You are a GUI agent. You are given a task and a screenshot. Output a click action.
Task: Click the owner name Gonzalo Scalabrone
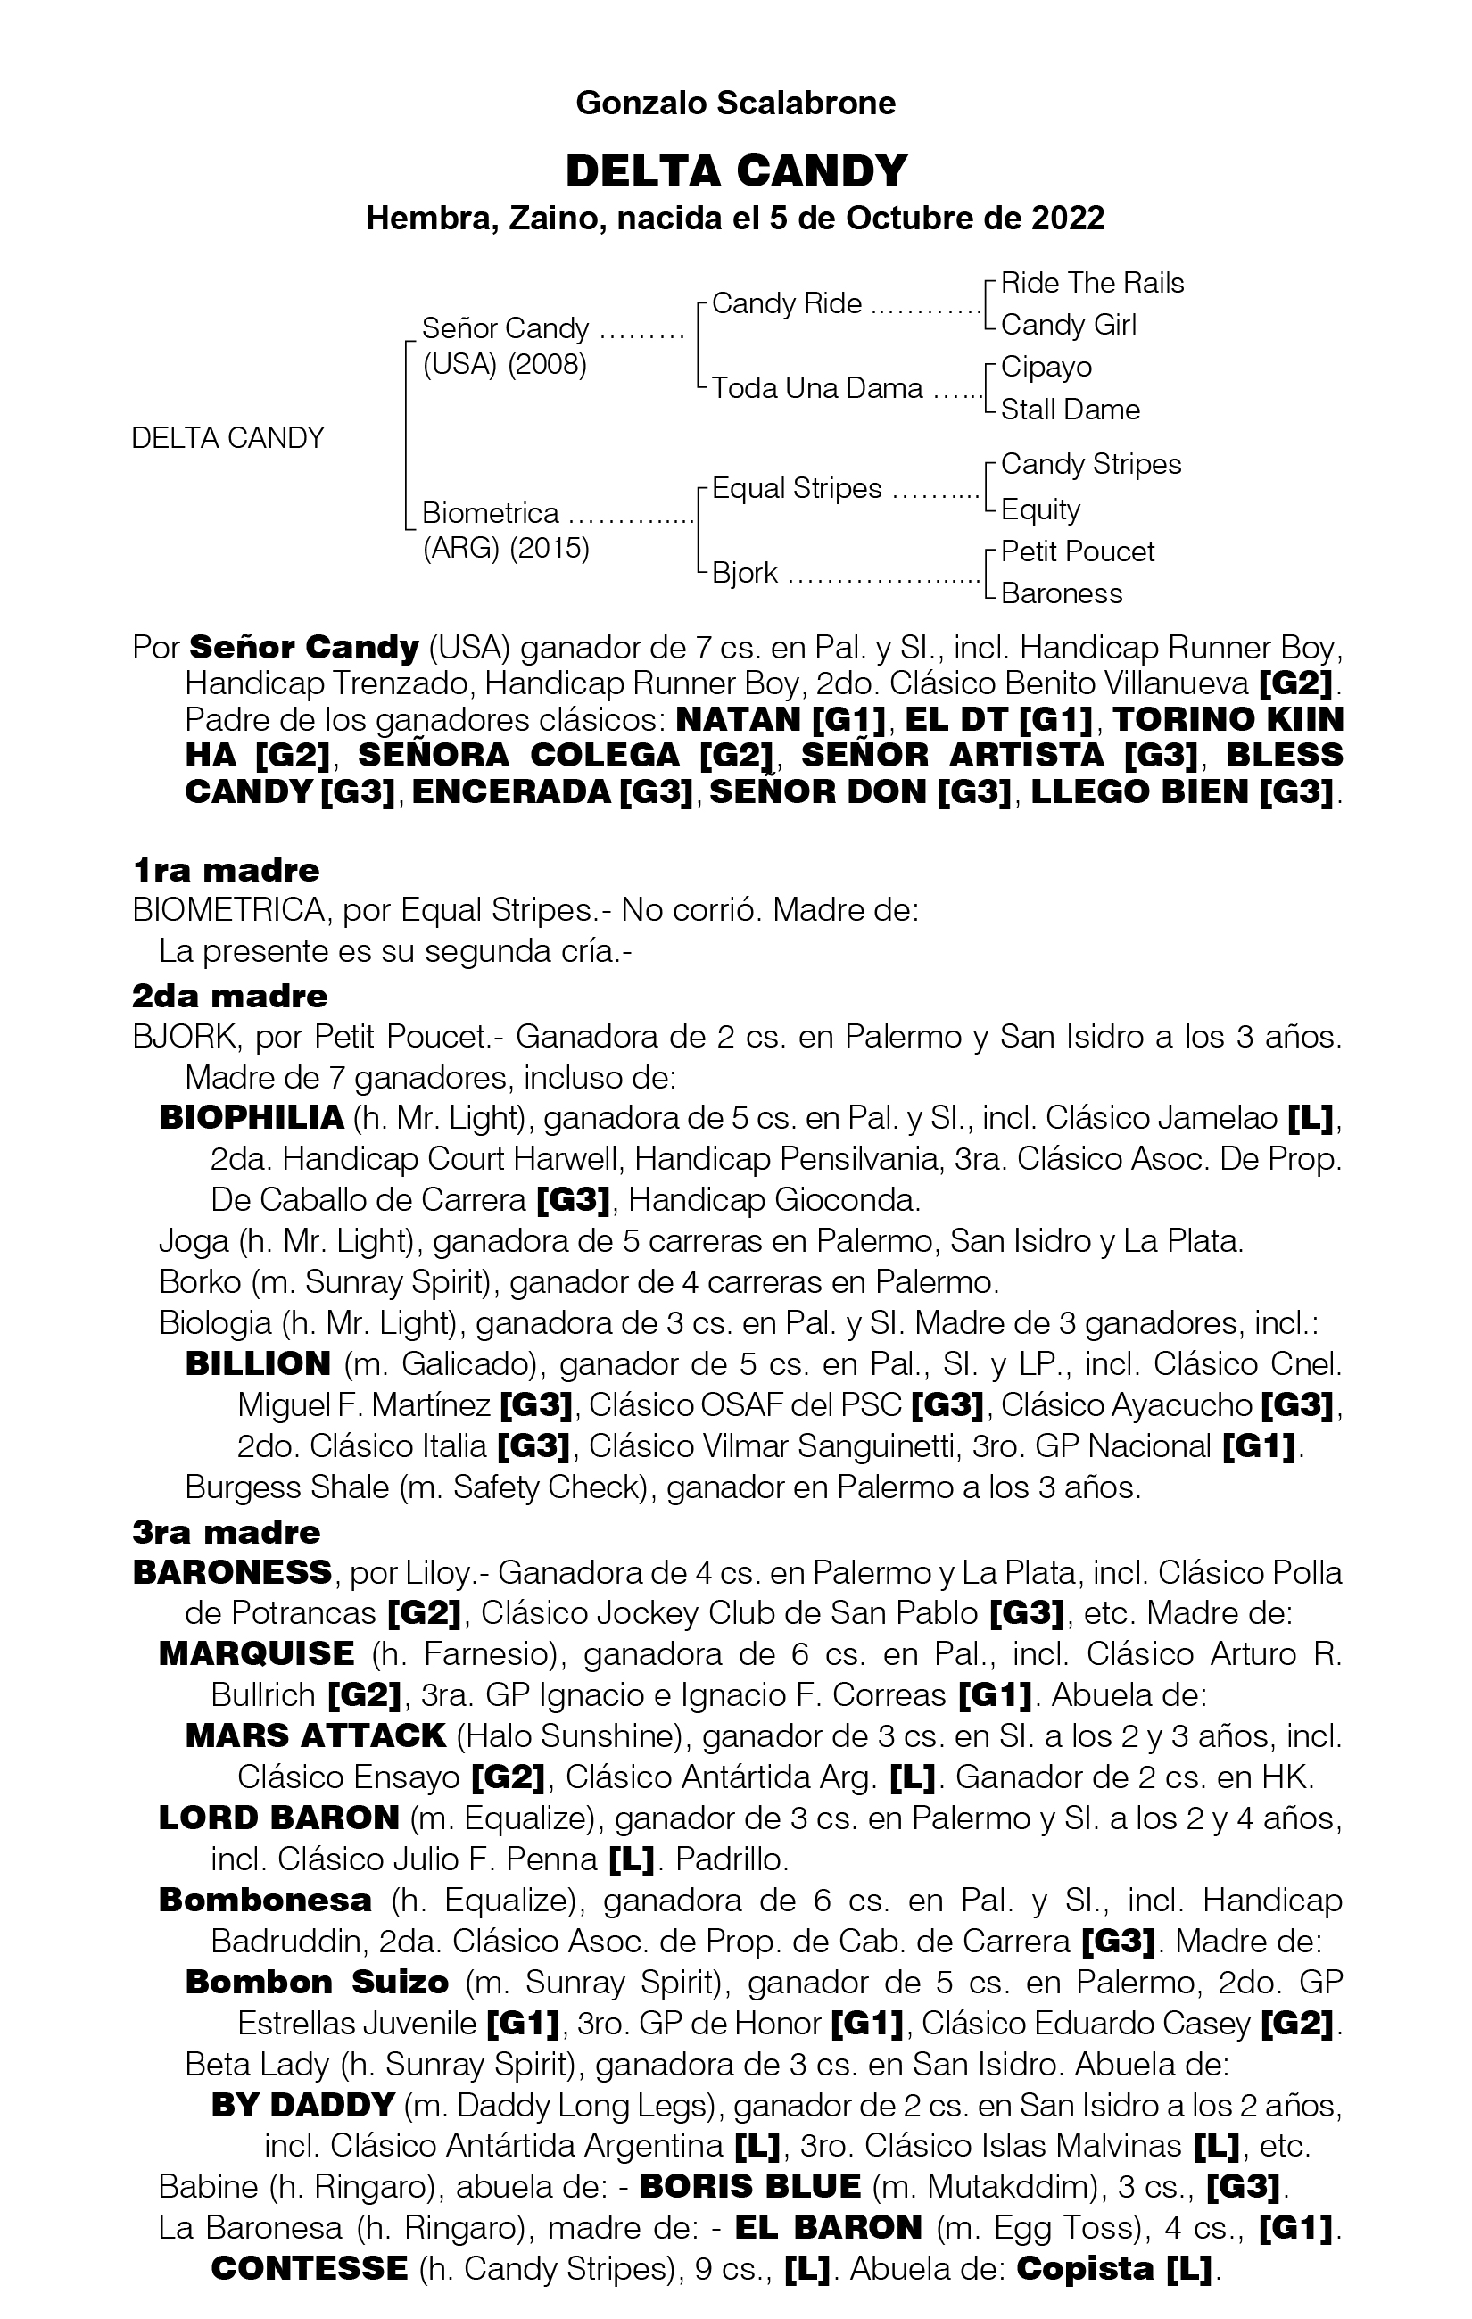(x=735, y=103)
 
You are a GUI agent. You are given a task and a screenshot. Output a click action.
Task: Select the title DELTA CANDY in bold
(x=735, y=171)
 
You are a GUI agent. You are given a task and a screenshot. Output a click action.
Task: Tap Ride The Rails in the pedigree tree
(x=1092, y=283)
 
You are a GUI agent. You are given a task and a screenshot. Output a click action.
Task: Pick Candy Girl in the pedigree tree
(x=1068, y=326)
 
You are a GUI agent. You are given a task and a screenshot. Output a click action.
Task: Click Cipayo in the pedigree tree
(x=1046, y=367)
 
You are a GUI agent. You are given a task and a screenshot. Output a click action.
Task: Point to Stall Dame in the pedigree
(x=1070, y=410)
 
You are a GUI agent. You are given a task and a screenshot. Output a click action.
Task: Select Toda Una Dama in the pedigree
(x=816, y=388)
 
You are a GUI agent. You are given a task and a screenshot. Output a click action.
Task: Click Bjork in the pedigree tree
(x=744, y=573)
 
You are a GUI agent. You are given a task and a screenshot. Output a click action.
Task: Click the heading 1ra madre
(x=226, y=871)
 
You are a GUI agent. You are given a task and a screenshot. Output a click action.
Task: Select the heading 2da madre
(x=229, y=996)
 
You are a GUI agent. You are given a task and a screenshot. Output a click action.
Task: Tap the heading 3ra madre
(x=227, y=1532)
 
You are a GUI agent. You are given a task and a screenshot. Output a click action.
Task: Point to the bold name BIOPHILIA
(x=252, y=1118)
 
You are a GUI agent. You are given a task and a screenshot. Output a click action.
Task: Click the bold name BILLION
(x=258, y=1364)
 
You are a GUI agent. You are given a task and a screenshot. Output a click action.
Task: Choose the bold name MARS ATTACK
(x=315, y=1736)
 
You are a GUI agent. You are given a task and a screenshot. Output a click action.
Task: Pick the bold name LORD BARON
(x=278, y=1818)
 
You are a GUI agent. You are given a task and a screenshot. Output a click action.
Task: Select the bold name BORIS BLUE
(x=749, y=2187)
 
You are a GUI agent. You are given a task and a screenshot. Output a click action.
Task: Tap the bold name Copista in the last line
(x=1085, y=2269)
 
